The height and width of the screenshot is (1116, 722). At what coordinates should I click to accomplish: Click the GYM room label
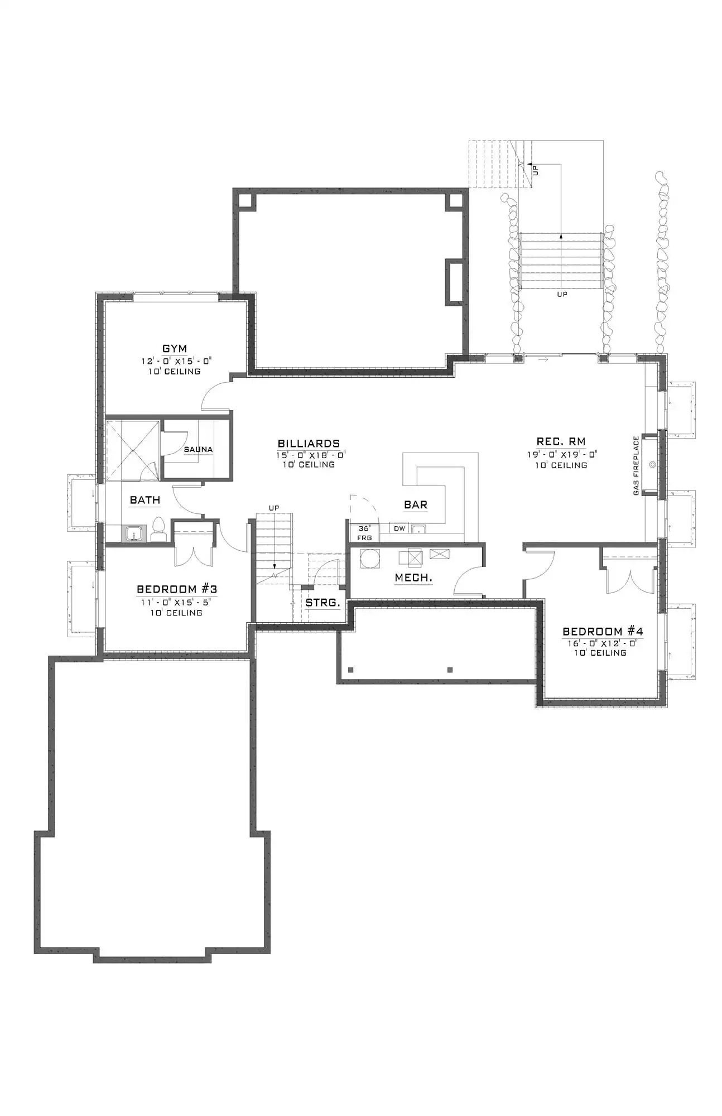pos(175,349)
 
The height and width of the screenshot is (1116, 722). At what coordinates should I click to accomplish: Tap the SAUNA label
pos(198,449)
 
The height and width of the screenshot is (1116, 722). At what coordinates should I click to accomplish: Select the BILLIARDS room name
pos(309,444)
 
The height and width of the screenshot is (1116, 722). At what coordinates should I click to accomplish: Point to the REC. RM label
pos(561,442)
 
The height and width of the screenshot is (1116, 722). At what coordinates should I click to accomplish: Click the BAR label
pos(416,504)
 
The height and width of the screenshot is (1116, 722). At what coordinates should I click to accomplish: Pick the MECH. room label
pos(413,578)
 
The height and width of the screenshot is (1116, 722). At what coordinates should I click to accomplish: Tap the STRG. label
pos(323,603)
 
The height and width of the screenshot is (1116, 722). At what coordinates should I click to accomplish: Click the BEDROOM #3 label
pos(177,589)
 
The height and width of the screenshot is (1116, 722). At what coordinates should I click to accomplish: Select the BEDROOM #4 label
pos(603,631)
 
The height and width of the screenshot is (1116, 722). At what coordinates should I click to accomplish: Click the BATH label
pos(145,500)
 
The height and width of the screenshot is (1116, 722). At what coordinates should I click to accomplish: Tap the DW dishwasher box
pos(399,528)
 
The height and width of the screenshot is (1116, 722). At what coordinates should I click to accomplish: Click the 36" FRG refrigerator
pos(364,532)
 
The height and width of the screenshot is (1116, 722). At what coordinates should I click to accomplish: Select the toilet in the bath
pos(158,530)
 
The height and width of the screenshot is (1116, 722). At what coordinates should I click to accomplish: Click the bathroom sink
pos(133,534)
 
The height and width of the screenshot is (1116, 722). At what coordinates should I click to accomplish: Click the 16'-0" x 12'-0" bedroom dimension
pos(602,643)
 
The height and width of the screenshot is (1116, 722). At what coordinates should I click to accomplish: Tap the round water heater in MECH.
pos(369,559)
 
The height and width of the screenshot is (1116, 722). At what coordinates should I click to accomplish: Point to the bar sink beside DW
pos(418,528)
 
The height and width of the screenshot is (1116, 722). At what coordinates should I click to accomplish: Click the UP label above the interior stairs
pos(274,508)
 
